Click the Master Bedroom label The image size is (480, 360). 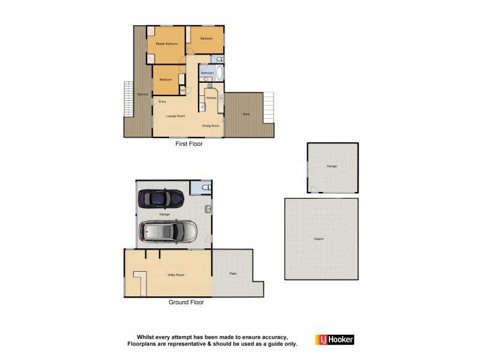(166, 44)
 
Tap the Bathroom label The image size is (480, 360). (207, 73)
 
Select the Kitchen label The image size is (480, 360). (211, 98)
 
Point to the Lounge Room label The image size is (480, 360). (175, 116)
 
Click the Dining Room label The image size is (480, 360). (211, 126)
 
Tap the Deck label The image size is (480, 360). (246, 114)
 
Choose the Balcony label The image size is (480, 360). (142, 94)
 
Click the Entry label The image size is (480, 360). (162, 101)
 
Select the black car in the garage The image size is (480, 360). (161, 198)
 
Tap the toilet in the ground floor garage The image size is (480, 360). (205, 188)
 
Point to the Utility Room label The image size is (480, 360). (176, 274)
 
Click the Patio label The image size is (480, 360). (233, 274)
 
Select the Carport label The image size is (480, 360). (319, 239)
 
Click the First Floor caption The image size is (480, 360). (189, 145)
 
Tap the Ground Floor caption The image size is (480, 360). (186, 302)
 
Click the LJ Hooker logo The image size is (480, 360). (334, 340)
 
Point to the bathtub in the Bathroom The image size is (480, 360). (220, 73)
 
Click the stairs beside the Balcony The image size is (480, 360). (127, 99)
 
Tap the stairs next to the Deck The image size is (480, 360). (268, 107)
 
